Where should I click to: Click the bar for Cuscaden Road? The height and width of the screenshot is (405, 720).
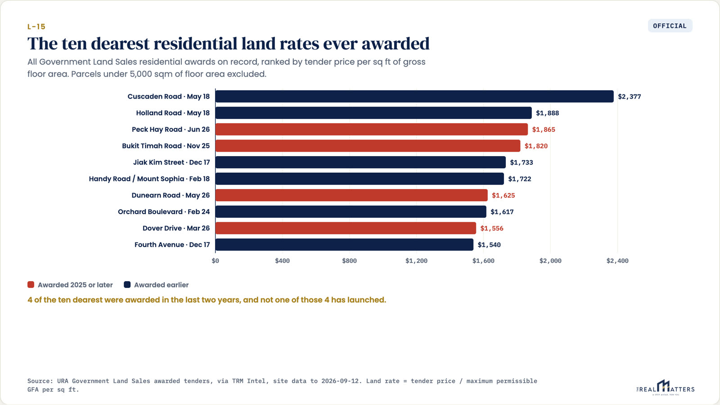pos(414,96)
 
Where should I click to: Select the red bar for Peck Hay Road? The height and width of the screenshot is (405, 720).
pos(372,129)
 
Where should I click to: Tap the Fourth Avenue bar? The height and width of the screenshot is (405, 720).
pos(344,245)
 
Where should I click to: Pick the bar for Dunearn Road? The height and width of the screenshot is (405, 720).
pos(351,195)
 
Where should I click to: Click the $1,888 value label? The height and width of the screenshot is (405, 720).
pos(547,113)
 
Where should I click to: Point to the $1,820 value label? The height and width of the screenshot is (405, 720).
pos(536,146)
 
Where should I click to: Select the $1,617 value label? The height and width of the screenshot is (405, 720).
pos(502,212)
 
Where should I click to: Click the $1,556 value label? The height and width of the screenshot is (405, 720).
pos(492,228)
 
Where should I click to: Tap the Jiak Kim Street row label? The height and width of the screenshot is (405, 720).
pos(171,162)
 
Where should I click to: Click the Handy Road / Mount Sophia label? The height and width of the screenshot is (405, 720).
pos(149,179)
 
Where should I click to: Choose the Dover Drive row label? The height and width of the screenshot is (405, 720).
pos(176,228)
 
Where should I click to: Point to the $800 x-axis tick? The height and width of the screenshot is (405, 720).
pos(349,261)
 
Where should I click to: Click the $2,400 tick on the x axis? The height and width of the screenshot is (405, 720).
pos(617,261)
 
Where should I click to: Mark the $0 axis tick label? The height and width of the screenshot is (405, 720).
pos(216,261)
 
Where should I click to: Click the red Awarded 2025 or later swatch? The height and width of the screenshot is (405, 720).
pos(31,285)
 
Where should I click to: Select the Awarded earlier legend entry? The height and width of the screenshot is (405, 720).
pos(156,285)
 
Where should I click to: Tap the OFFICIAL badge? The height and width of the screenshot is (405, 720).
pos(670,26)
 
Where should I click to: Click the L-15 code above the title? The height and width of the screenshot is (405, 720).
pos(36,27)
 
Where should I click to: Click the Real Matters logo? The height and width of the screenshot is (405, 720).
pos(666,387)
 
